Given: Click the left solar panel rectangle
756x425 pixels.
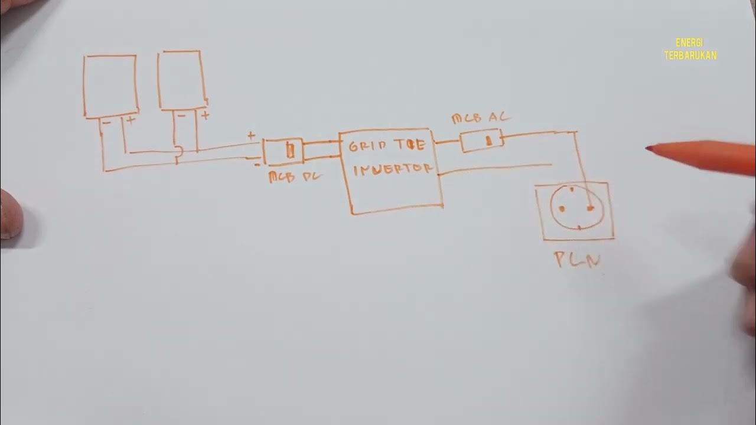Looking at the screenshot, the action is point(110,84).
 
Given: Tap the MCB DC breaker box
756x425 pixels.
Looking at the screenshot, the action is point(283,151).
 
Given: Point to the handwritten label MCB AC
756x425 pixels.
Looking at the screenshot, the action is point(480,118).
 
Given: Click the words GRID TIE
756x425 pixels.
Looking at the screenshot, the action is point(387,145).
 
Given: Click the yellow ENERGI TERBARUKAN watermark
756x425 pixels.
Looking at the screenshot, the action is point(690,49).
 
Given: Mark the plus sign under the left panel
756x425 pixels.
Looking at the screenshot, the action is point(130,120).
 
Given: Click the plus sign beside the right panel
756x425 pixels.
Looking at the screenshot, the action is point(204,116).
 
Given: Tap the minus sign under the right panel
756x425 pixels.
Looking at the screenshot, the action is point(181,116).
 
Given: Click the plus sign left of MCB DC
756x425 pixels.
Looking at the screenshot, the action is point(251,136).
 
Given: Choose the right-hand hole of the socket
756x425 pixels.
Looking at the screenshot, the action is point(590,208).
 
